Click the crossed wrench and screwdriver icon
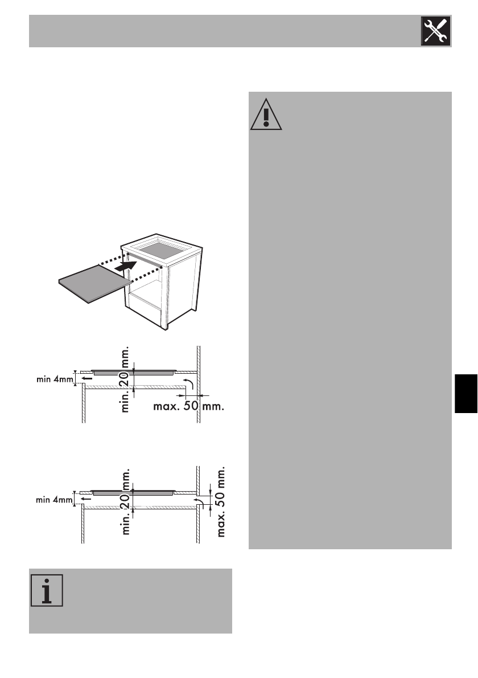pos(436,31)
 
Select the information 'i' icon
pos(47,590)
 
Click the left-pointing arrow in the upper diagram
pos(85,378)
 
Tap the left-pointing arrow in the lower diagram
pos(85,497)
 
